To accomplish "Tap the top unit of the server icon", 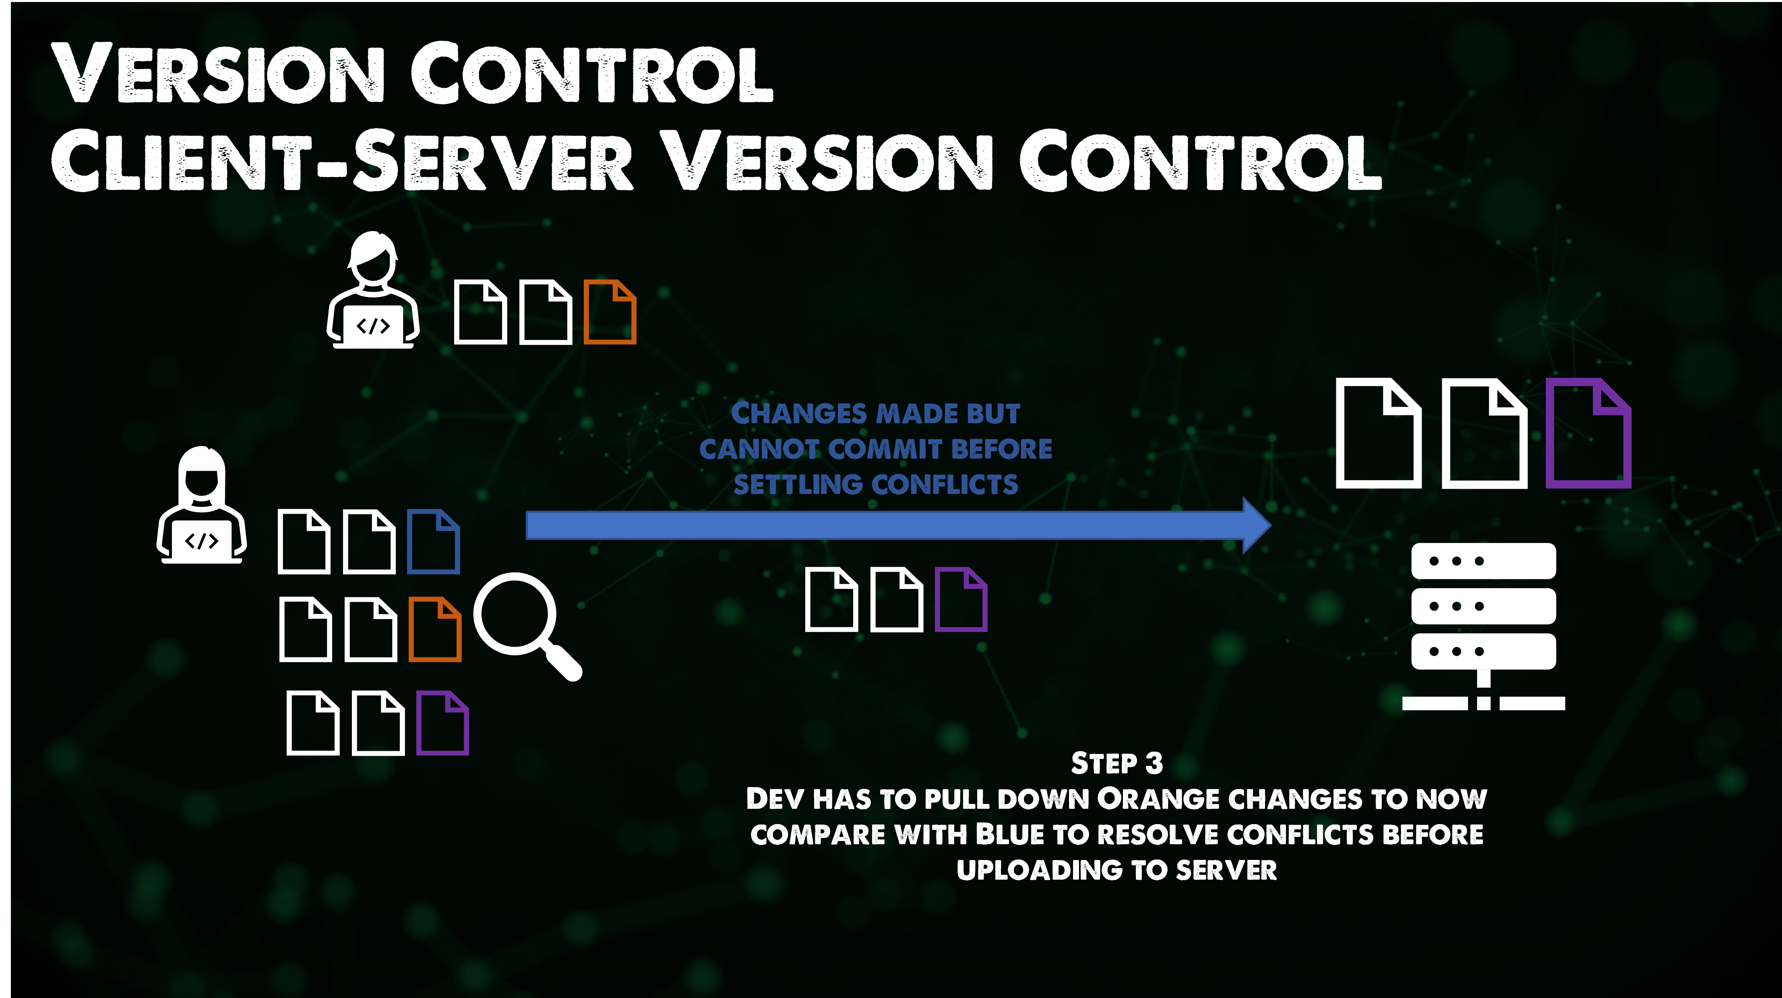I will [x=1483, y=561].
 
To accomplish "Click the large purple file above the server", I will [x=1588, y=434].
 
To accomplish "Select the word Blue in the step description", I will [x=1009, y=834].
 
